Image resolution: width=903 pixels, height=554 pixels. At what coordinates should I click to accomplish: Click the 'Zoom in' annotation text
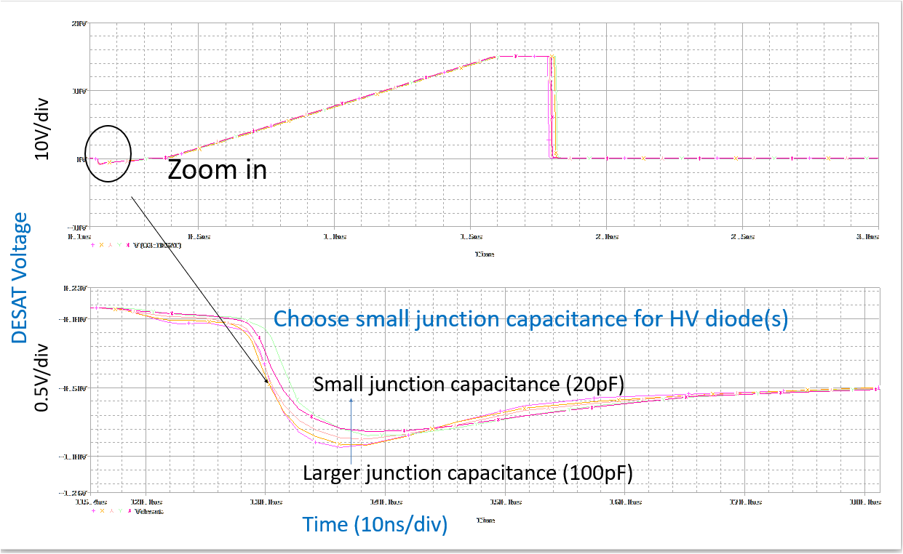click(x=218, y=169)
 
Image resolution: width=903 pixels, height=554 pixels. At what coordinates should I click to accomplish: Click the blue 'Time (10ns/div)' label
click(x=375, y=526)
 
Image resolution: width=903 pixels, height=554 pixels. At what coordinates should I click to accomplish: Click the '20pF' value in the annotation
click(x=601, y=385)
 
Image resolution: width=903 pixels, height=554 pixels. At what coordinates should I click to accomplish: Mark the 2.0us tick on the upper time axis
click(x=606, y=236)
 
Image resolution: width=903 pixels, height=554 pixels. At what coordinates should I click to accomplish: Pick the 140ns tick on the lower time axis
click(x=386, y=502)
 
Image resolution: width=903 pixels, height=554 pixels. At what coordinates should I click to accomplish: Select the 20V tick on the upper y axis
click(x=79, y=23)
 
